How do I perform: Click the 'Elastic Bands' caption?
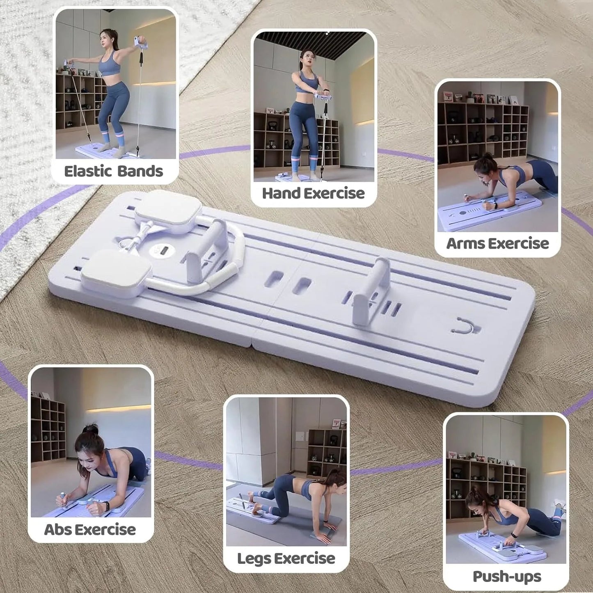tap(114, 171)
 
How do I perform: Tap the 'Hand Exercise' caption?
tap(313, 193)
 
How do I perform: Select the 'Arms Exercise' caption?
tap(497, 243)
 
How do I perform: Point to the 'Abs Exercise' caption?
tap(90, 529)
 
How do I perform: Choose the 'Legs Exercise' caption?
tap(286, 558)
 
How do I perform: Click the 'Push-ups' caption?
tap(507, 576)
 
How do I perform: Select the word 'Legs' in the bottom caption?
tap(253, 558)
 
